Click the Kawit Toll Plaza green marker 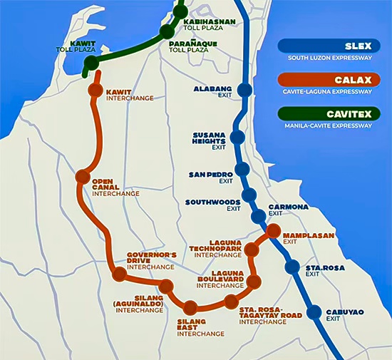coord(91,64)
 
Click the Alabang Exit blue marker coord(244,90)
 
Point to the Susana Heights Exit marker coord(238,138)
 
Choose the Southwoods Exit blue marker coord(249,196)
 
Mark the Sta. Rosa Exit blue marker coord(292,267)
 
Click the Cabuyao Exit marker coord(314,312)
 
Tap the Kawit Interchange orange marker coord(95,91)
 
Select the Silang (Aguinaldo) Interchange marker coord(166,287)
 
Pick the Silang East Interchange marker coord(190,308)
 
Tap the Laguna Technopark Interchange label coord(217,247)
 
